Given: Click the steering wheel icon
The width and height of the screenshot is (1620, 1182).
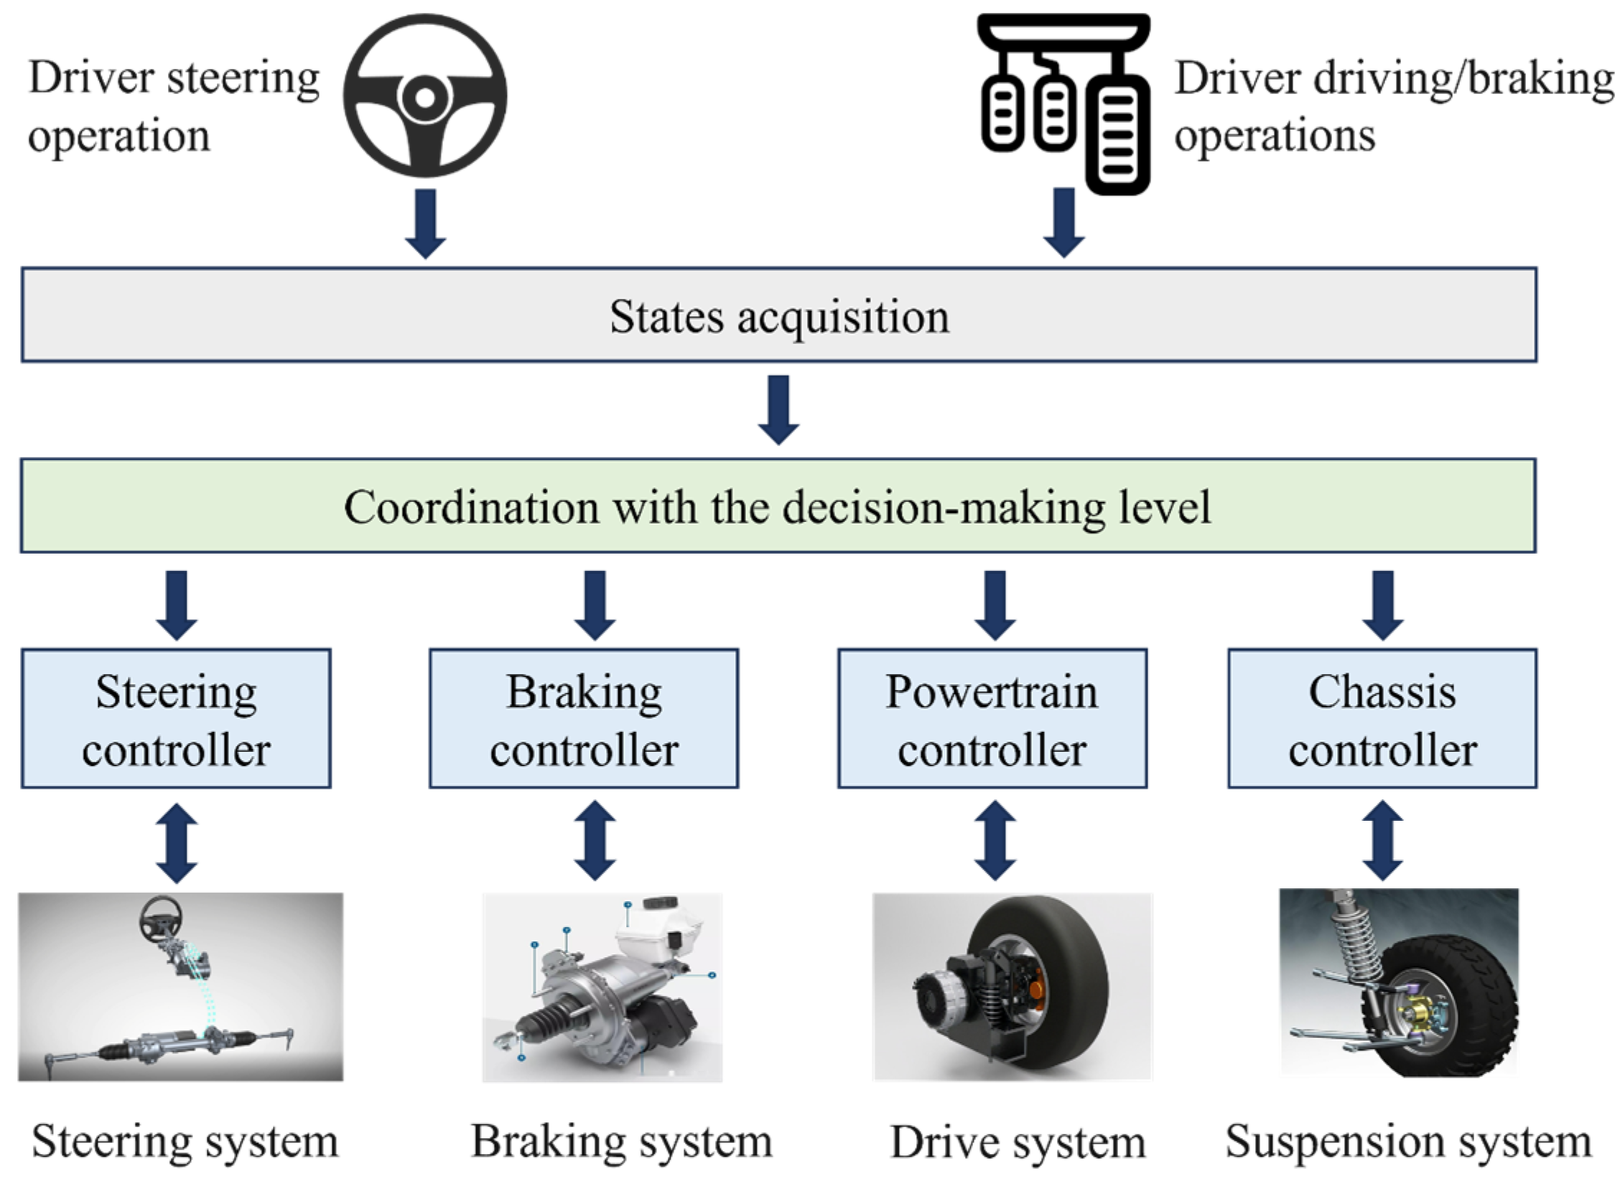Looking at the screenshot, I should click(x=425, y=96).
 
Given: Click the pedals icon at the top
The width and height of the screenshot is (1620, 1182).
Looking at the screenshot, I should click(x=1064, y=101).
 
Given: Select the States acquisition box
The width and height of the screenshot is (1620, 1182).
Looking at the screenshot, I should click(x=778, y=315).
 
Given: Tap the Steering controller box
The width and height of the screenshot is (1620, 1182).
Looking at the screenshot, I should click(x=176, y=719).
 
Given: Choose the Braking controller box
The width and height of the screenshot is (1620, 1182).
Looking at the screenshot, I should click(x=584, y=719).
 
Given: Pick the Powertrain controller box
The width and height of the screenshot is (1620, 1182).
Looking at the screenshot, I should click(x=992, y=719).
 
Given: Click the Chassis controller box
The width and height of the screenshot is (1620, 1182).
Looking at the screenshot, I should click(x=1382, y=719).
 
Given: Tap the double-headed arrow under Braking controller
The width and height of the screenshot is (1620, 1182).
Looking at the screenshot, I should click(x=595, y=841).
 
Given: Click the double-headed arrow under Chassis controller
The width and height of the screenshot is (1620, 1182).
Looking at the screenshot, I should click(x=1382, y=841).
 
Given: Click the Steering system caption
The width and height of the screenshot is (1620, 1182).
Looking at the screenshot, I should click(x=185, y=1141).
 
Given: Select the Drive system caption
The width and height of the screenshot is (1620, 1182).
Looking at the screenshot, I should click(x=1018, y=1143).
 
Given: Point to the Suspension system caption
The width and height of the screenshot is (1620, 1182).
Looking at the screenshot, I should click(x=1408, y=1141).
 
